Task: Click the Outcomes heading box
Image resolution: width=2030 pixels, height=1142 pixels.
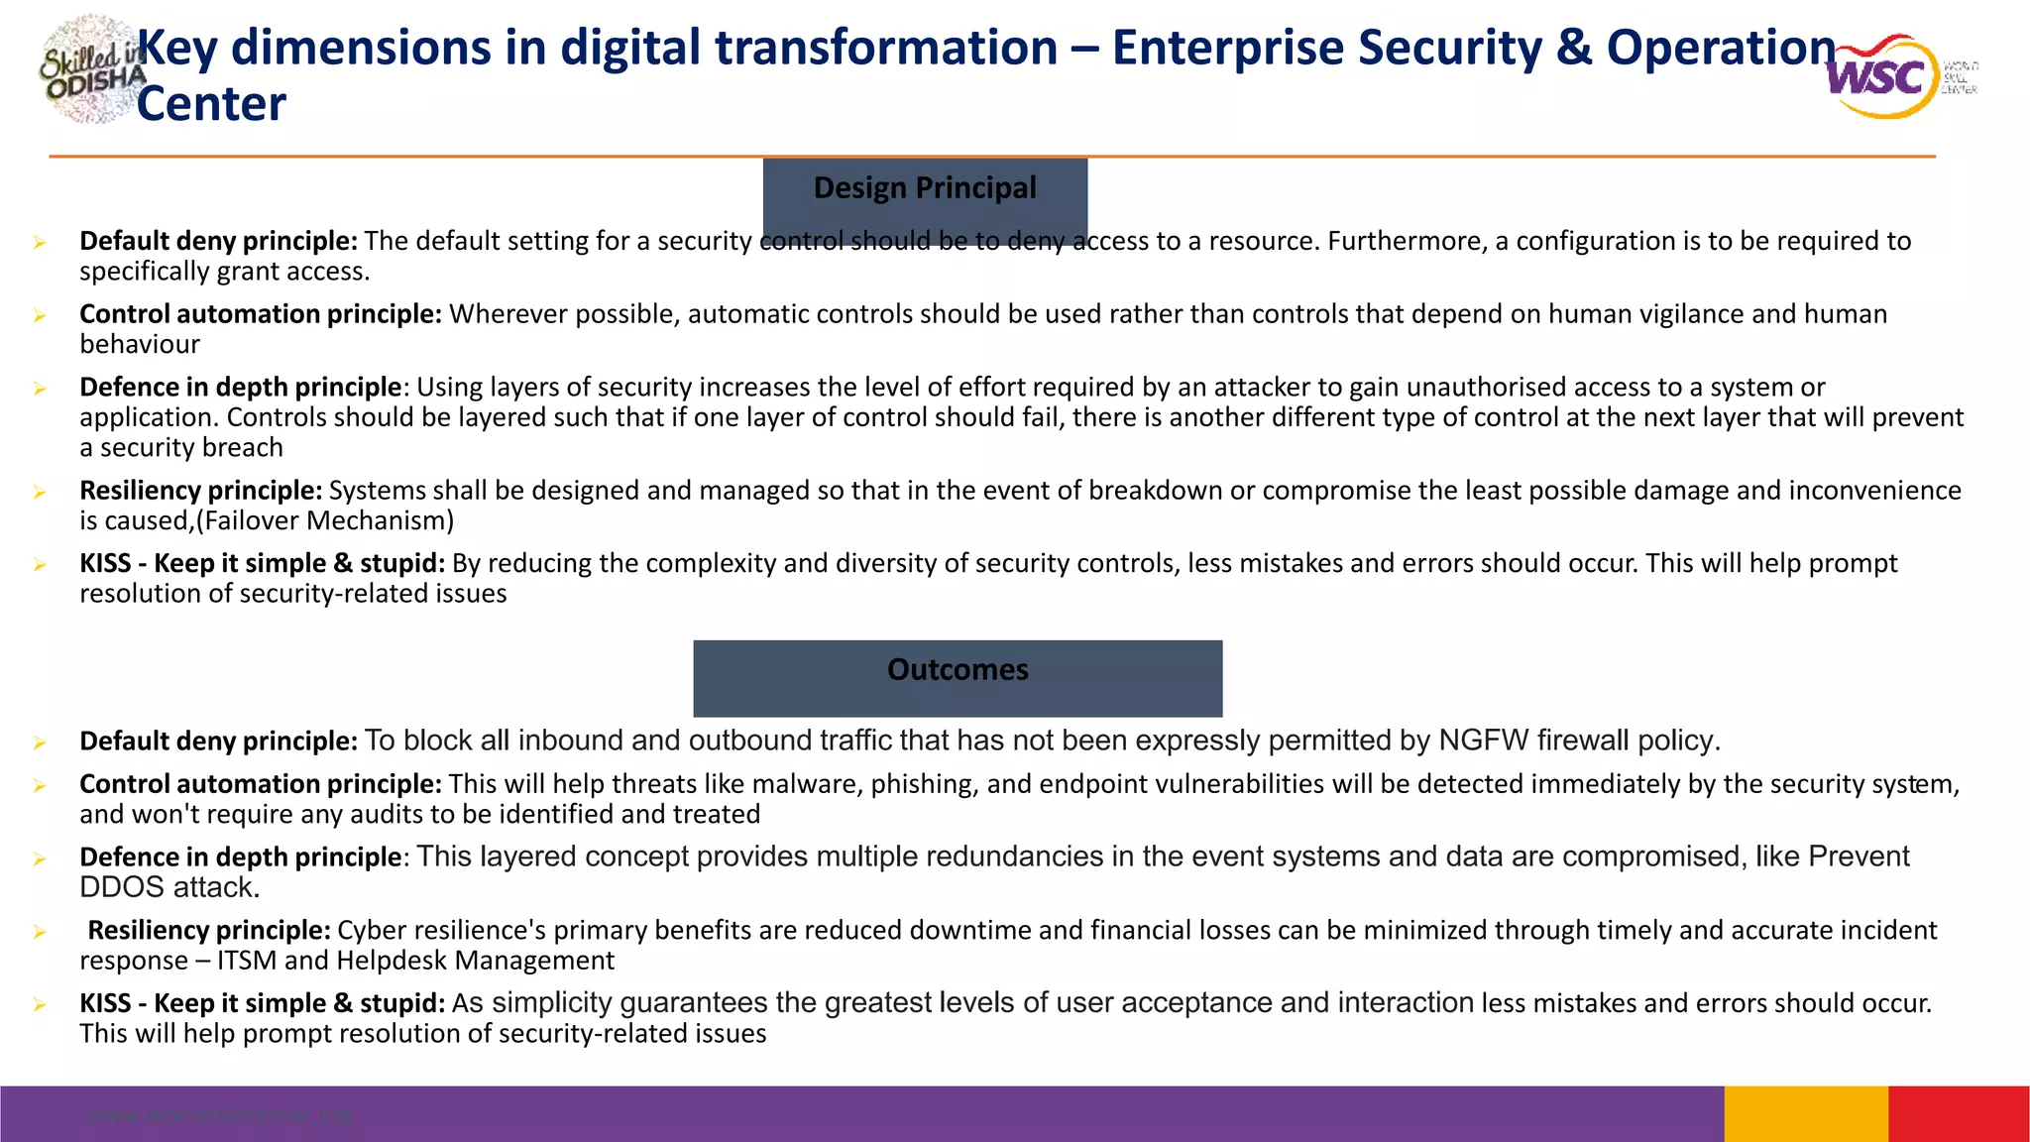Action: [x=958, y=677]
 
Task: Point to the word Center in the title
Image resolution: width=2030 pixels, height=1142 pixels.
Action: [x=211, y=104]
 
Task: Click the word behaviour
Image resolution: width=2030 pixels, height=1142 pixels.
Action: [x=140, y=344]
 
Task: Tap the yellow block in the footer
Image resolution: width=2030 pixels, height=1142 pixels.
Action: [x=1806, y=1114]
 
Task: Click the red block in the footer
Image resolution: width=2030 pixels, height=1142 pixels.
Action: [x=1959, y=1114]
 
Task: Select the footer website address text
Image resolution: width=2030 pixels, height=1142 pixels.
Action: [x=219, y=1115]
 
